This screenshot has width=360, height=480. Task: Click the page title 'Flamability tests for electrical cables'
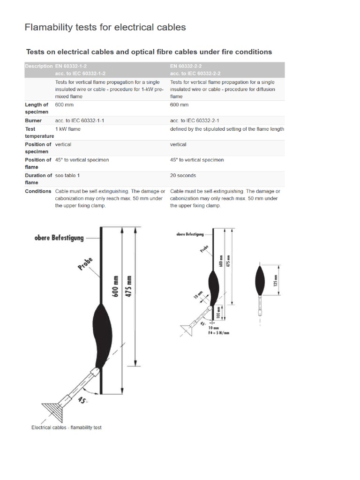click(105, 27)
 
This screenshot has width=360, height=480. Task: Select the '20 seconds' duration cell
click(183, 175)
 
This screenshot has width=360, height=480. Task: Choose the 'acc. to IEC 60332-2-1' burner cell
click(195, 120)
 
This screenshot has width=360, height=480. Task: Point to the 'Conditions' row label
click(38, 191)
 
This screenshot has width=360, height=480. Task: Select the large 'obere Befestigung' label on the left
click(59, 237)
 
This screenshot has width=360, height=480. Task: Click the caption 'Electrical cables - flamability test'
click(67, 427)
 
